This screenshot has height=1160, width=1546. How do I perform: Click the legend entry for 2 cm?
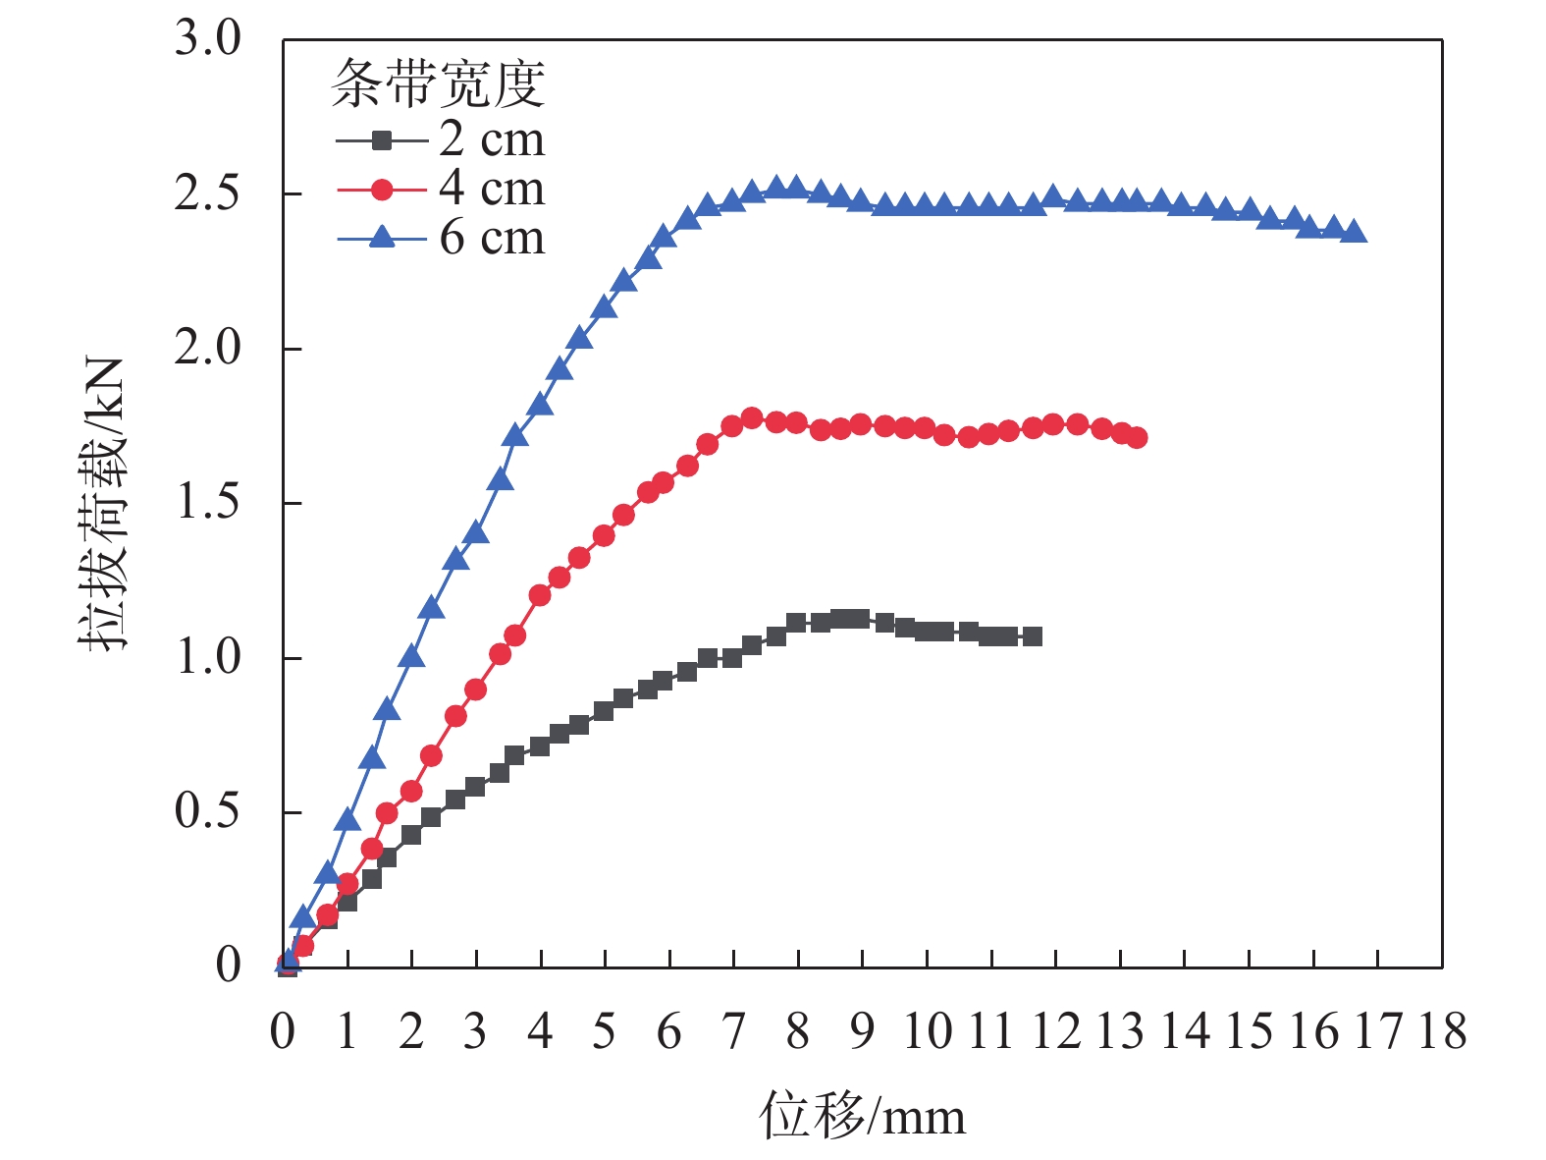pyautogui.click(x=491, y=139)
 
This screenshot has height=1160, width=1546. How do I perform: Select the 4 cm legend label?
pyautogui.click(x=491, y=189)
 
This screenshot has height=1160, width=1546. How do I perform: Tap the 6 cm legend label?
pyautogui.click(x=491, y=238)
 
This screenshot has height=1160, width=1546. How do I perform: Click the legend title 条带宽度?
pyautogui.click(x=438, y=84)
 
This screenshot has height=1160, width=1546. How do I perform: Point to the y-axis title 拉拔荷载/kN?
pyautogui.click(x=103, y=503)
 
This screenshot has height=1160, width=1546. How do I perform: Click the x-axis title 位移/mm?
pyautogui.click(x=862, y=1116)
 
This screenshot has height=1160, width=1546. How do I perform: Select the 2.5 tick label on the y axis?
pyautogui.click(x=207, y=193)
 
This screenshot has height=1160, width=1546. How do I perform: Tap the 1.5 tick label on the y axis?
pyautogui.click(x=207, y=503)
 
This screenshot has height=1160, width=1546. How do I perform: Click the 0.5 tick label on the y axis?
pyautogui.click(x=207, y=812)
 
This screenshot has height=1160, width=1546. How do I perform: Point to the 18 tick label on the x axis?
pyautogui.click(x=1442, y=1031)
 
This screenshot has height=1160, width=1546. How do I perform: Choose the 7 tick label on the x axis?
pyautogui.click(x=733, y=1031)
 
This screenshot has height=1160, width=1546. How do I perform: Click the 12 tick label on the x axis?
pyautogui.click(x=1055, y=1031)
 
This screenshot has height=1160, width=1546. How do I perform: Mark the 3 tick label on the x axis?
pyautogui.click(x=475, y=1031)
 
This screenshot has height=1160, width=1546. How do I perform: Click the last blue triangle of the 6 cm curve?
pyautogui.click(x=1355, y=232)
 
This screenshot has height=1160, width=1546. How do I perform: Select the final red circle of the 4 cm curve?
pyautogui.click(x=1137, y=438)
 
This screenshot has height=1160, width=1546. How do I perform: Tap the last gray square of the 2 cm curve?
pyautogui.click(x=1032, y=636)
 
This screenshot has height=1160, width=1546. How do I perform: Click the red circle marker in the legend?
pyautogui.click(x=382, y=190)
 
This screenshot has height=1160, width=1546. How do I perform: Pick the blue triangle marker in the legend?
pyautogui.click(x=382, y=237)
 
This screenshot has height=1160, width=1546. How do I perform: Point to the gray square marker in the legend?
pyautogui.click(x=382, y=140)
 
